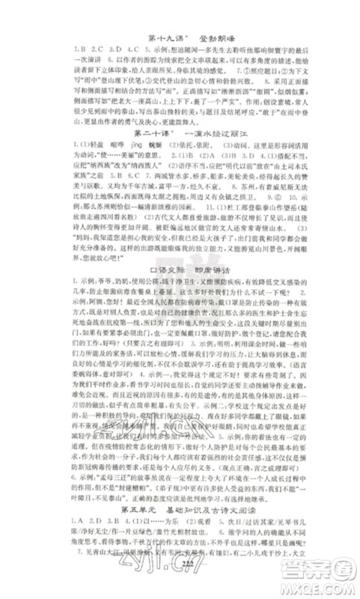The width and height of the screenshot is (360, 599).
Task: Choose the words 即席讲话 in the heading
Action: pyautogui.click(x=214, y=264)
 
